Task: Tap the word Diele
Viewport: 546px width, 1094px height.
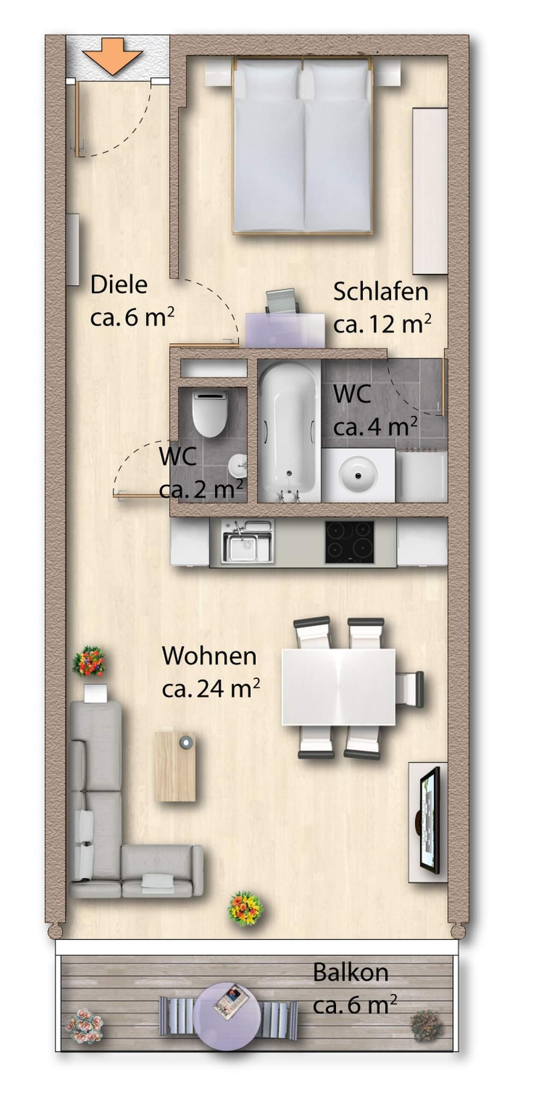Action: pyautogui.click(x=119, y=285)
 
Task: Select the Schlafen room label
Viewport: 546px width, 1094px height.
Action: pyautogui.click(x=381, y=291)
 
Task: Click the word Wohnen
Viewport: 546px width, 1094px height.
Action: pyautogui.click(x=209, y=656)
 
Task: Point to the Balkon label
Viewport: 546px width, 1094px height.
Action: pyautogui.click(x=351, y=973)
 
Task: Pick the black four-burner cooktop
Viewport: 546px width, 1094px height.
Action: pyautogui.click(x=349, y=542)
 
